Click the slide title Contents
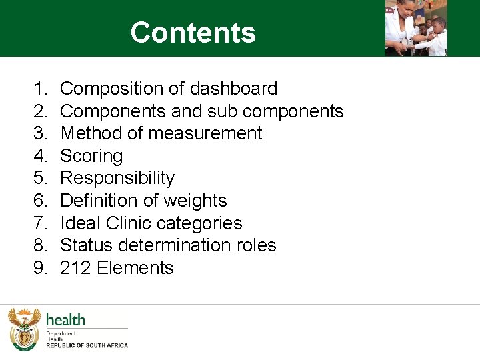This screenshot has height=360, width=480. (193, 33)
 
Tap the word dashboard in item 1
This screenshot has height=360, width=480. (233, 89)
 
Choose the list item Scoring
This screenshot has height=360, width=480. (91, 156)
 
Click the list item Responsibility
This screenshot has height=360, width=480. (117, 178)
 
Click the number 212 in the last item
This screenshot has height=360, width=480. (75, 268)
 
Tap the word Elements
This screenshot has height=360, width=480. (135, 268)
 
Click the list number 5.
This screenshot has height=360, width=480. (40, 178)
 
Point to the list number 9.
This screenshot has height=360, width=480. (40, 268)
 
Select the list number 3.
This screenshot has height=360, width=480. (40, 133)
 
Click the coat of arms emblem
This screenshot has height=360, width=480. (24, 329)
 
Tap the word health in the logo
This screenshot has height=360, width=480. (65, 319)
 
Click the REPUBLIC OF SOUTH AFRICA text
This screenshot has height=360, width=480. (87, 345)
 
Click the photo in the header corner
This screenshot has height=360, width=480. (416, 27)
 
